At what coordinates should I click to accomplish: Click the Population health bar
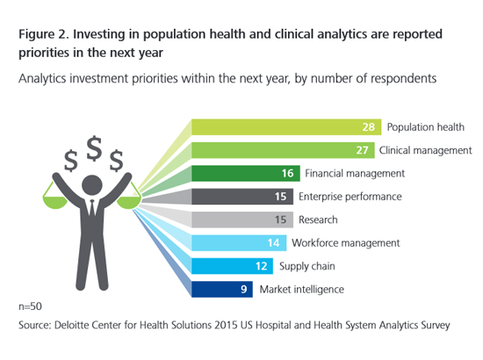coord(286,126)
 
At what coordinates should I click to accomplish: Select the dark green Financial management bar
coord(246,173)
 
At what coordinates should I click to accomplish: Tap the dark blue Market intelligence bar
coord(222,289)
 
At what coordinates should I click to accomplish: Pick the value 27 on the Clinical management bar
coord(362,150)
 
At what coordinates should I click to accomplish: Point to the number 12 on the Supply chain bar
coord(261,266)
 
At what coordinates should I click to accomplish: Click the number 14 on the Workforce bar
coord(273,243)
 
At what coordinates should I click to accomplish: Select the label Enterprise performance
coord(350,197)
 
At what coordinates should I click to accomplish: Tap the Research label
coord(318,220)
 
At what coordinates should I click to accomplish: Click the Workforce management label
coord(346,243)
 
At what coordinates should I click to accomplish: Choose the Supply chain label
coord(306,266)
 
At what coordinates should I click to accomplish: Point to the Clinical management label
coord(425,150)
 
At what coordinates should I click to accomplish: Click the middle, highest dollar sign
coord(94,148)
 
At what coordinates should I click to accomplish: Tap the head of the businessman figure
coord(92,185)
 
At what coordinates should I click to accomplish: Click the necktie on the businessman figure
coord(92,208)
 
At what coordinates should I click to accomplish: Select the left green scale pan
coord(54,203)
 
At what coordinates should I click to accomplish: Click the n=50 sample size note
coord(30,306)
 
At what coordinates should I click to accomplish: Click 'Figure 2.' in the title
coord(43,34)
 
